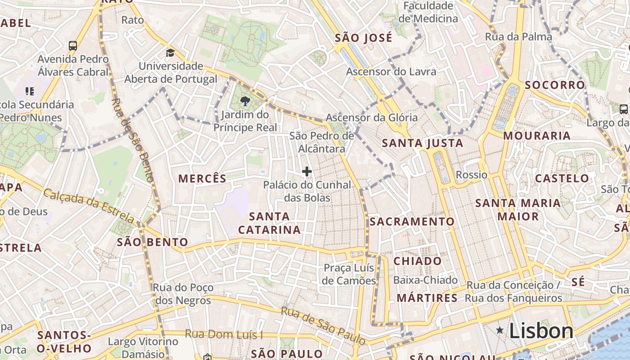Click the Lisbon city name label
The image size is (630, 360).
pos(541,331)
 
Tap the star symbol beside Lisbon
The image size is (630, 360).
pos(499,331)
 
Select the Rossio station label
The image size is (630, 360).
pos(472,175)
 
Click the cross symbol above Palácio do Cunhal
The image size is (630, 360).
pos(307,171)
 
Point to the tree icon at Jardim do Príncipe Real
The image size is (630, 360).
pos(245,101)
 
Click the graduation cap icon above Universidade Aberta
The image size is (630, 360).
pos(170,53)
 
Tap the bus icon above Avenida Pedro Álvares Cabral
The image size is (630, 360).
pos(73,45)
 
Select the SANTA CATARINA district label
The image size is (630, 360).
pos(269,223)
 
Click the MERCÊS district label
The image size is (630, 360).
pos(202,179)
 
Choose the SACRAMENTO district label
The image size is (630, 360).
pos(412,221)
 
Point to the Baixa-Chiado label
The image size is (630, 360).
pos(425,280)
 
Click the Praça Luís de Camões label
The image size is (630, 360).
pos(349,274)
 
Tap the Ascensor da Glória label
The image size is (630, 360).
pos(372,118)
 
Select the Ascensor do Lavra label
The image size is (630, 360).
pos(391,72)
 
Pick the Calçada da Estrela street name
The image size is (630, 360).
pos(89,206)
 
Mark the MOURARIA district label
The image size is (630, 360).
pos(536,135)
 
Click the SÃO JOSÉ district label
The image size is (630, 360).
pos(364,38)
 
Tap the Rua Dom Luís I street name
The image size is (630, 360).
pos(224,334)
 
